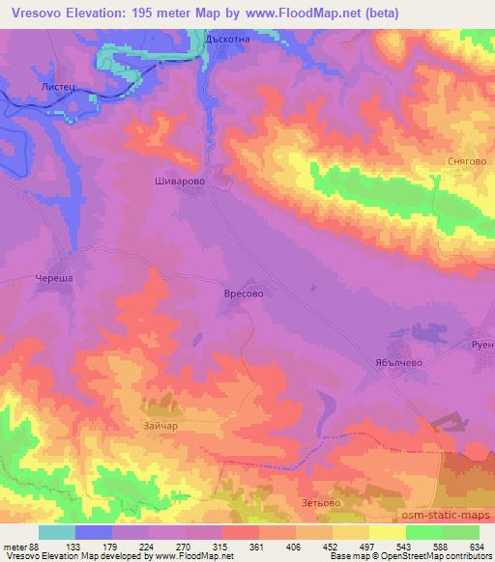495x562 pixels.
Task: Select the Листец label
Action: point(57,86)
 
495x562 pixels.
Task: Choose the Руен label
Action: point(481,343)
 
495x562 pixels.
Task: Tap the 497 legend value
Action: point(367,548)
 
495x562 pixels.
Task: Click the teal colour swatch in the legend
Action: point(57,532)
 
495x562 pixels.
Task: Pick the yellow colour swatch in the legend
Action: point(387,532)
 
